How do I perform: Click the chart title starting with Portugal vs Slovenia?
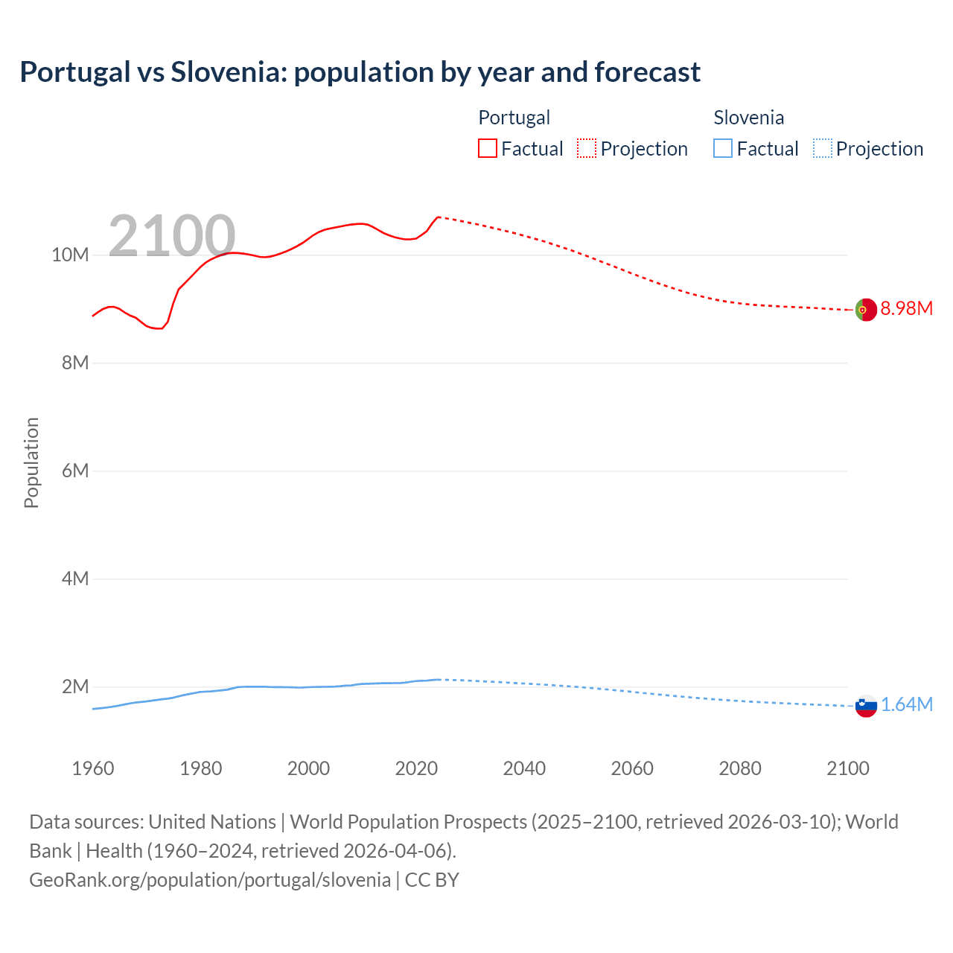pos(360,72)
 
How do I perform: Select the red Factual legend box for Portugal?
pos(487,148)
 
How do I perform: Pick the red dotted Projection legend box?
pos(587,148)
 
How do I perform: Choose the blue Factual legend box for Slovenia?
pos(722,148)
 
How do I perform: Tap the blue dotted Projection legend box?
pos(822,148)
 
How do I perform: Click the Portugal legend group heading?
pos(514,118)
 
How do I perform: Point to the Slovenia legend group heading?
pos(748,118)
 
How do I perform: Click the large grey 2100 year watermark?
pos(172,236)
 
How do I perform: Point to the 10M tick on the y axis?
pos(70,255)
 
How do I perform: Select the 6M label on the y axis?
pos(74,471)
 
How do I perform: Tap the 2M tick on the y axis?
pos(74,686)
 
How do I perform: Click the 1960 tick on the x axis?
pos(93,768)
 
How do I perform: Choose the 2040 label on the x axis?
pos(524,768)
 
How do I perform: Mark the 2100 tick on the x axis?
pos(847,768)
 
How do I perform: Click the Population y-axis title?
pos(31,462)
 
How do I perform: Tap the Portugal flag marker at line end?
pos(866,309)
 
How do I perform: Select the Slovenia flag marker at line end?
pos(866,706)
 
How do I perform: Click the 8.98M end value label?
pos(906,308)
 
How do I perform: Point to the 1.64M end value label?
pos(906,704)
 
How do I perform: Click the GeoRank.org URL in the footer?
pos(210,879)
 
